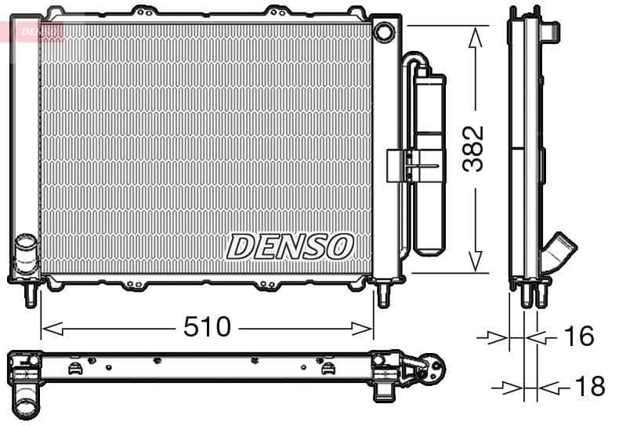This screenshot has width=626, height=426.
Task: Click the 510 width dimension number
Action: [x=207, y=326]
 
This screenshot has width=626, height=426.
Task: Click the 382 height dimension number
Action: [x=473, y=148]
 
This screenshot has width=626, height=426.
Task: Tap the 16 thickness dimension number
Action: [x=578, y=337]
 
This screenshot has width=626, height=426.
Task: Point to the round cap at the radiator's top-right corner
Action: [x=384, y=32]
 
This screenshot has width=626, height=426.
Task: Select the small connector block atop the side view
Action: [x=551, y=31]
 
